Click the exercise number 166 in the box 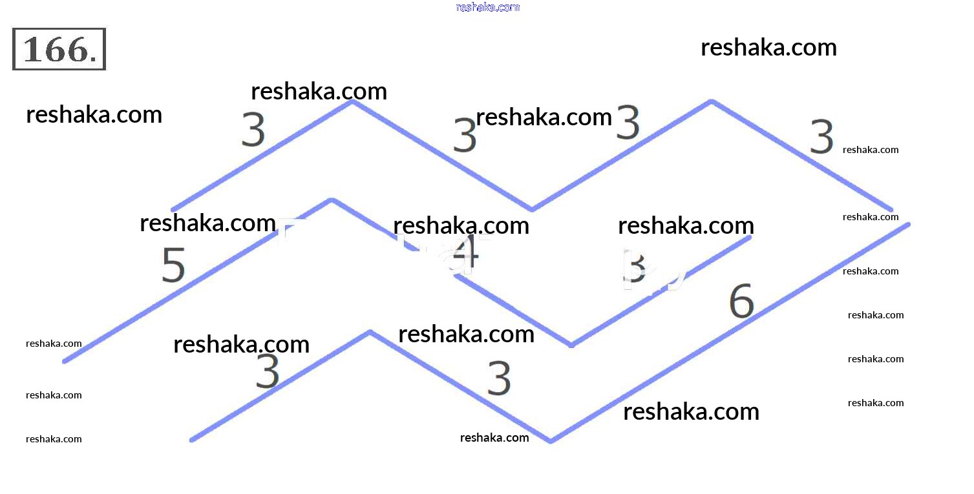click(58, 49)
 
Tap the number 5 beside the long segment click(173, 265)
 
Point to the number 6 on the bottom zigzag click(741, 301)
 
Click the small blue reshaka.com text click(487, 7)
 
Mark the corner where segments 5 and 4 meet click(332, 200)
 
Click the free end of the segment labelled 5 click(64, 361)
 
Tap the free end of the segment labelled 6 click(908, 225)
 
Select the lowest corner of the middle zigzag click(571, 345)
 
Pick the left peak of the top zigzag click(352, 101)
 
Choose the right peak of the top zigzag click(712, 101)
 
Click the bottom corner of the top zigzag click(532, 209)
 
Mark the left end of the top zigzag click(172, 209)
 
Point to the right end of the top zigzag click(891, 209)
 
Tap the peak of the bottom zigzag click(370, 333)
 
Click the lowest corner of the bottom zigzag click(551, 441)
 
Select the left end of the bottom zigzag click(191, 440)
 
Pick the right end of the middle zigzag click(750, 238)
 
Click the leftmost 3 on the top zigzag click(253, 129)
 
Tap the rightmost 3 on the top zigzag click(821, 138)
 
